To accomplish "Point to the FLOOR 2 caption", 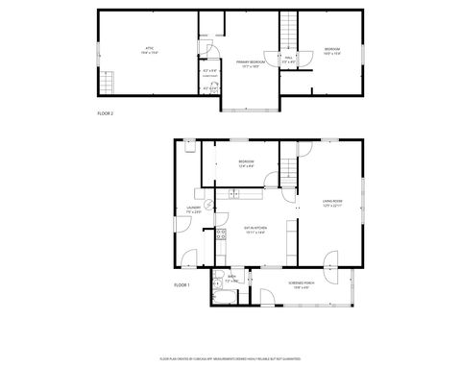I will pos(107,113).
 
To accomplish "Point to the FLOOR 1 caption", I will pos(182,285).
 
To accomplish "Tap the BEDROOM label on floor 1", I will pos(246,162).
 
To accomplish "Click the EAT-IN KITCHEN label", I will pos(255,230).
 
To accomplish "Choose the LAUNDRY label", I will pos(193,209).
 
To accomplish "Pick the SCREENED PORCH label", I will pos(303,284).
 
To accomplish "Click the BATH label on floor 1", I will pos(231,279).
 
